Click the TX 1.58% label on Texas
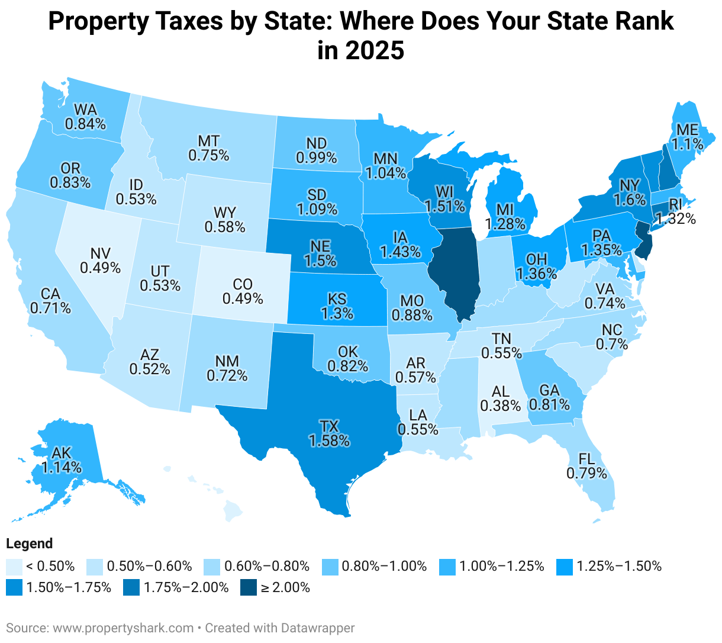pyautogui.click(x=328, y=433)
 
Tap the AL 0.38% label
pyautogui.click(x=500, y=398)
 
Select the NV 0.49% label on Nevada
pyautogui.click(x=100, y=261)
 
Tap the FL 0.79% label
pyautogui.click(x=586, y=466)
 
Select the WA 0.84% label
pyautogui.click(x=85, y=117)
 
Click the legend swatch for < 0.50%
pyautogui.click(x=14, y=566)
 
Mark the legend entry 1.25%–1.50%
pyautogui.click(x=619, y=566)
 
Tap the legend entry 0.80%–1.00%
pyautogui.click(x=384, y=566)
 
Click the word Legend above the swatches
pyautogui.click(x=30, y=544)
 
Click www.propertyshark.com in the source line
pyautogui.click(x=123, y=628)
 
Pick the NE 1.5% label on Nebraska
pyautogui.click(x=320, y=252)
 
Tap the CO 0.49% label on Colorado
pyautogui.click(x=243, y=291)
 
